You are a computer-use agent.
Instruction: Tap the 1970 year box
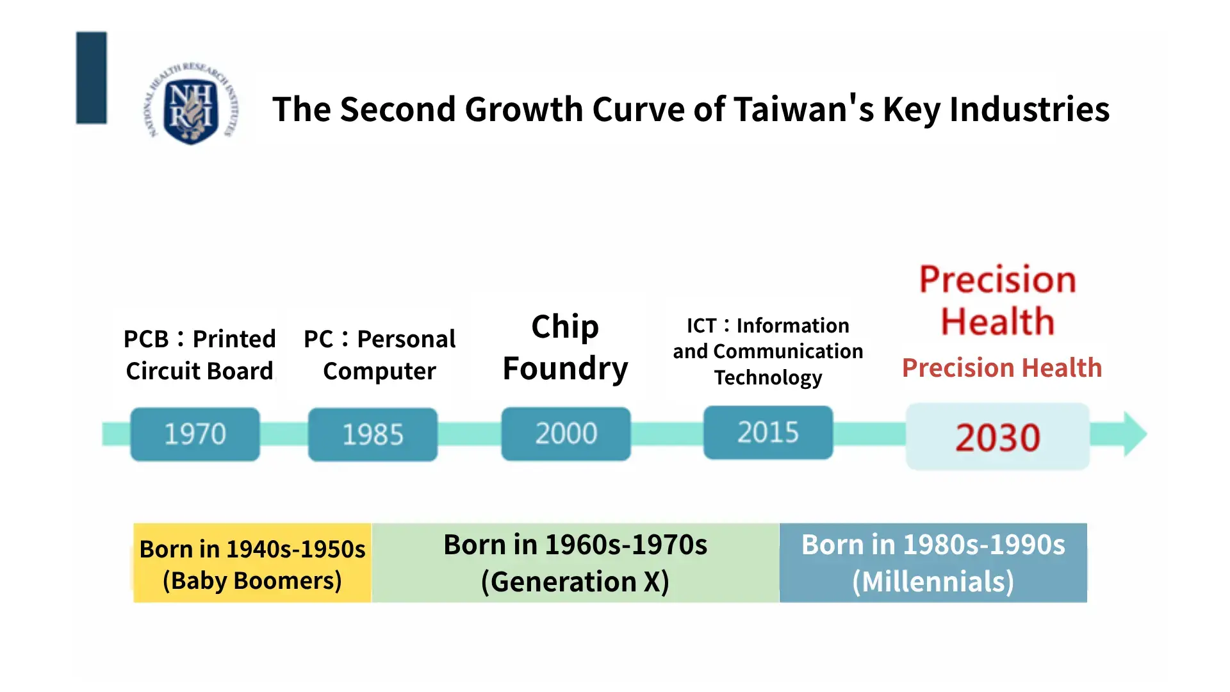(195, 434)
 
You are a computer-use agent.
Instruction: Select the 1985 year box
(373, 434)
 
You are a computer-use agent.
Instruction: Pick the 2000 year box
(566, 434)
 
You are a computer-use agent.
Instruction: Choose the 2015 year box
(768, 432)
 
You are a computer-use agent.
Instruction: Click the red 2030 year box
(997, 437)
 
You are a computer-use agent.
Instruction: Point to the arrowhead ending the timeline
(1135, 434)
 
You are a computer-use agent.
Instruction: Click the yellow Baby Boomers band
(252, 563)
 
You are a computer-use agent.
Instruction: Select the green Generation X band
(575, 563)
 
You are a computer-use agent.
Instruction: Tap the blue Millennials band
(933, 563)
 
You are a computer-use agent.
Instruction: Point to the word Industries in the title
(1029, 109)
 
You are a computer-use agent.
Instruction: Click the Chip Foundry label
(566, 347)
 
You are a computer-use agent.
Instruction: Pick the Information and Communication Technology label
(768, 351)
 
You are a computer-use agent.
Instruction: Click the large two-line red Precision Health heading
(997, 301)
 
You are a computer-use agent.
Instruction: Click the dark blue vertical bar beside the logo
(92, 78)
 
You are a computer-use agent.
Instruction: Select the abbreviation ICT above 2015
(701, 325)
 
